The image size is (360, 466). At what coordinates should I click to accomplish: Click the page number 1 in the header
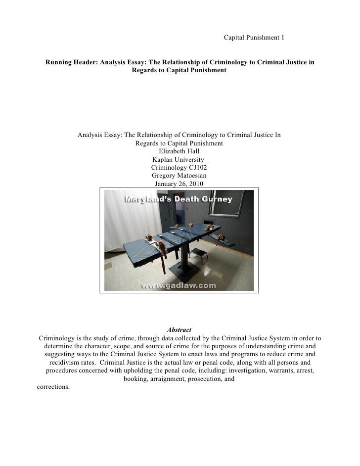[282, 38]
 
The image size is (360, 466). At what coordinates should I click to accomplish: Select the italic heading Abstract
[179, 330]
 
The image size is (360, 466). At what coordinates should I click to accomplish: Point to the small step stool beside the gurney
[198, 255]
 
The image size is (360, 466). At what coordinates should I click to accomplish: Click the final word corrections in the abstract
[53, 386]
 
